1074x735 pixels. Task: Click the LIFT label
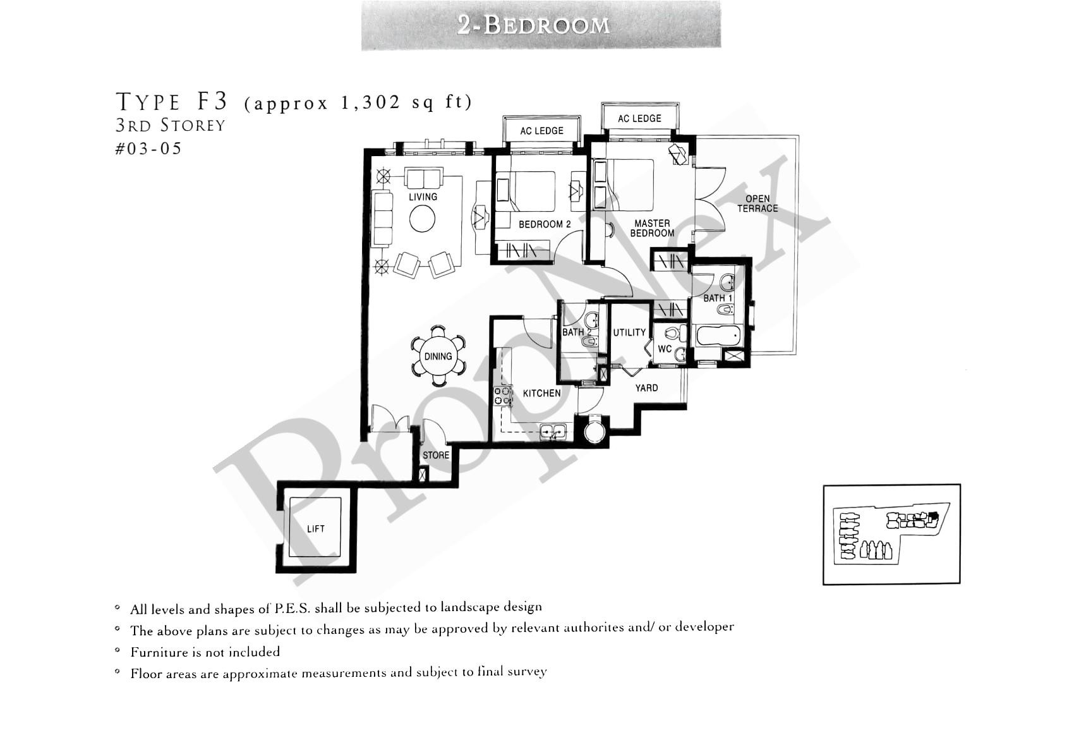pos(315,529)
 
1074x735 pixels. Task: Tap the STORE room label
pos(435,455)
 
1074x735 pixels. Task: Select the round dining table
pos(438,356)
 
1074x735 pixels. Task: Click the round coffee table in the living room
pos(422,219)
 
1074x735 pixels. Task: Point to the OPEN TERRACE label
pos(757,203)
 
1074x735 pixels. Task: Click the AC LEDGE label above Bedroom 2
pos(541,131)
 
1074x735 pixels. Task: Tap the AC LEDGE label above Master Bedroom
pos(639,118)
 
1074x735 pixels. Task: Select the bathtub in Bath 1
pos(718,335)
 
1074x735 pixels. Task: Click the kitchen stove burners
pos(503,396)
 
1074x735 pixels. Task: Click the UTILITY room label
pos(629,332)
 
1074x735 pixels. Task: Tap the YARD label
pos(646,388)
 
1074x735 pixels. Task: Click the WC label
pos(665,349)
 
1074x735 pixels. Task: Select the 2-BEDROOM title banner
pos(541,25)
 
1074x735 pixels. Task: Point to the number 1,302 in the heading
pos(370,102)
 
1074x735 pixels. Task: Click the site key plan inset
pos(891,534)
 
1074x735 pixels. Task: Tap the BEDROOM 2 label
pos(545,224)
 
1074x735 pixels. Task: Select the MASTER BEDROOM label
pos(652,228)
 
